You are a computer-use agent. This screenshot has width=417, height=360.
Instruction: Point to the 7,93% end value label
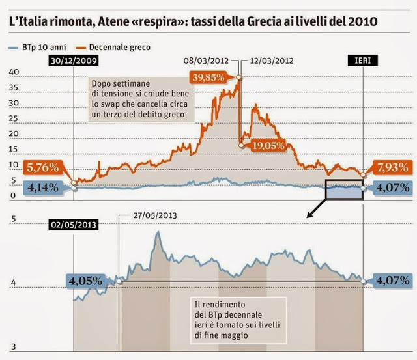click(392, 167)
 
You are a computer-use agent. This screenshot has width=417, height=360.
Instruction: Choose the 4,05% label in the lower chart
click(85, 281)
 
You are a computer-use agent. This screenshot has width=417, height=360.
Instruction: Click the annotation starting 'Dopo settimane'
click(138, 99)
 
